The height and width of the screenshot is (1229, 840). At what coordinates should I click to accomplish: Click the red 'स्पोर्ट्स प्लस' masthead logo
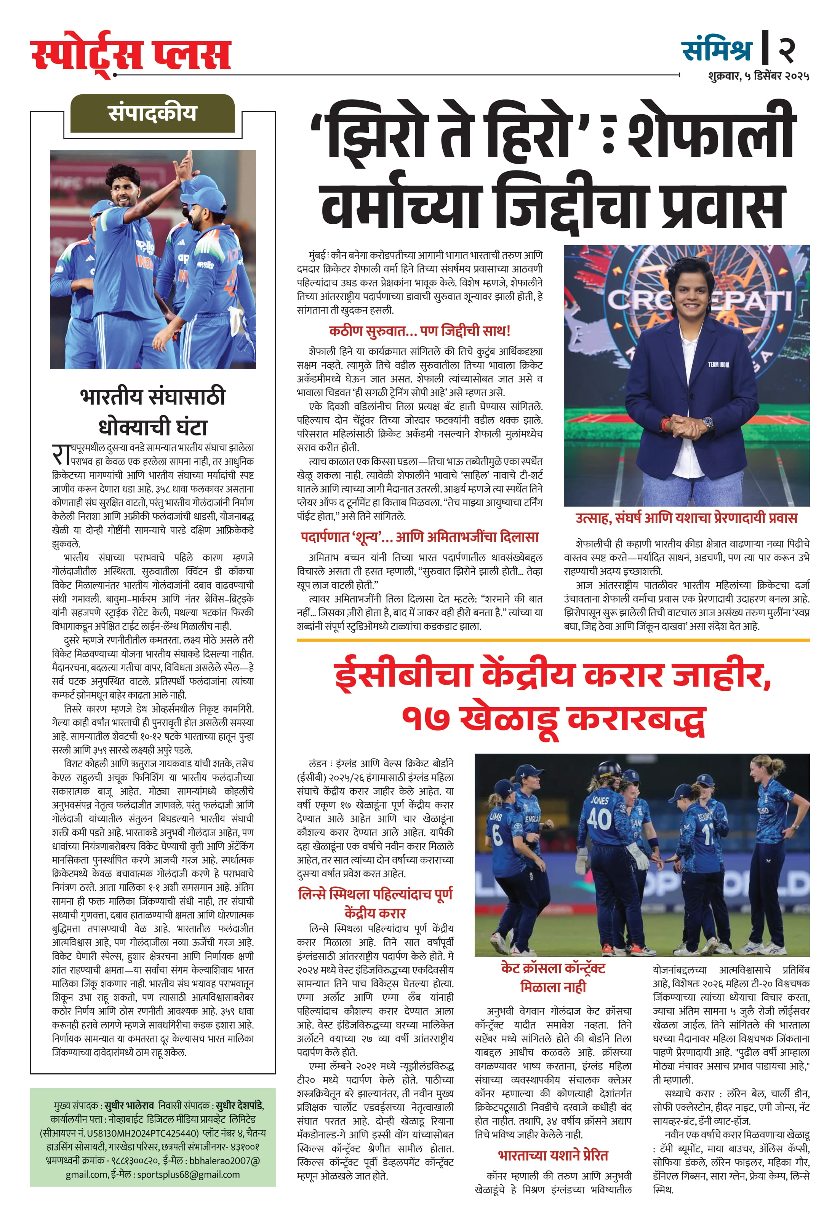(x=131, y=54)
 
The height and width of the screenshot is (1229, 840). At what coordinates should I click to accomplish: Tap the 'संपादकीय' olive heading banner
(x=152, y=113)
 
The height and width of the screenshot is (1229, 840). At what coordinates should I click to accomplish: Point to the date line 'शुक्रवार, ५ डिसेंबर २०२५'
(x=758, y=76)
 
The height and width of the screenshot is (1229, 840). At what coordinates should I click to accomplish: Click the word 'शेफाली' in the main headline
(x=711, y=131)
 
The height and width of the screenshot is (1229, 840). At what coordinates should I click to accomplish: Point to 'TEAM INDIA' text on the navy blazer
(x=718, y=365)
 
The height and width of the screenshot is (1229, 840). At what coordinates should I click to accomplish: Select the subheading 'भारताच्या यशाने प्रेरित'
(x=553, y=1156)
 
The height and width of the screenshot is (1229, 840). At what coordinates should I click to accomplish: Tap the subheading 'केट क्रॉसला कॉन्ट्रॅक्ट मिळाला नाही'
(x=553, y=978)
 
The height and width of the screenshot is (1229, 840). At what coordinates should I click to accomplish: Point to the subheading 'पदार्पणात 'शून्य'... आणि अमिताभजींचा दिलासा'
(x=419, y=537)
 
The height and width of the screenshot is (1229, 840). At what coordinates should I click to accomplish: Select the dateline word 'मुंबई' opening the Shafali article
(x=318, y=256)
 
